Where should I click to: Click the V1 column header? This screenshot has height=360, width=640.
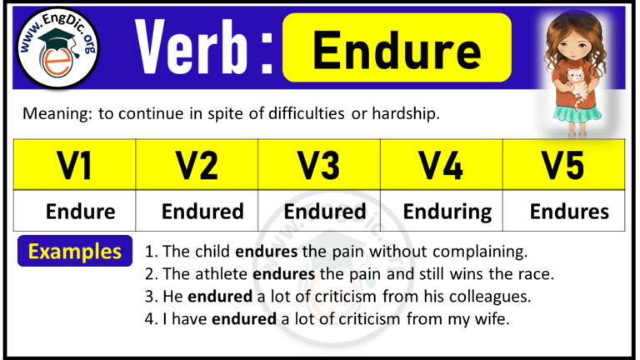[75, 165]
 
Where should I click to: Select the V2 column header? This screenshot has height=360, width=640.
[197, 165]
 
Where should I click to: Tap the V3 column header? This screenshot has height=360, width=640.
[319, 165]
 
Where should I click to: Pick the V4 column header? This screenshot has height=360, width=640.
[442, 165]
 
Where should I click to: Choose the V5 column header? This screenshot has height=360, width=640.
[564, 165]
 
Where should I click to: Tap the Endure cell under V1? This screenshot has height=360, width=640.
[80, 211]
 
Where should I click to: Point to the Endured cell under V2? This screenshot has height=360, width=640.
[202, 211]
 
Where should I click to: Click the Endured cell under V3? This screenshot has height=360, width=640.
[325, 211]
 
